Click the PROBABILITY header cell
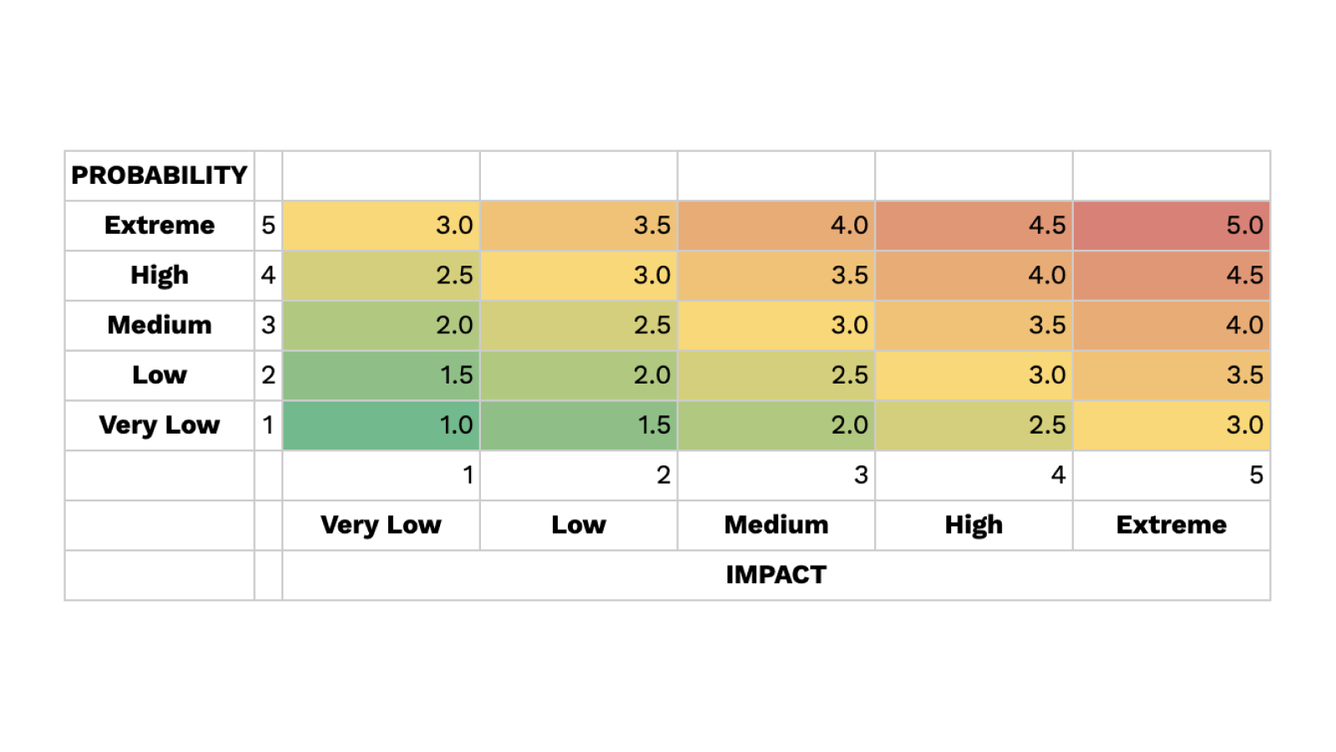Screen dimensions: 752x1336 [159, 175]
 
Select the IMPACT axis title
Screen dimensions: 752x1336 [776, 575]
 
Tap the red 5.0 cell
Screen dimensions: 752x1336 [1172, 226]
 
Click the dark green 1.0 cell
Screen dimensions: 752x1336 [381, 425]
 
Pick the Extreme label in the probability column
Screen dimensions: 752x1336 [159, 226]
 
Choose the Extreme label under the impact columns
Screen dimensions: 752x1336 [1172, 525]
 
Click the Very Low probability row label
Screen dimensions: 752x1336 [159, 425]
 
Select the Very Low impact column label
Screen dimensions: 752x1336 [381, 525]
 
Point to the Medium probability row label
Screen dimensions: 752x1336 [159, 325]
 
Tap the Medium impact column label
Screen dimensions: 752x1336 [776, 525]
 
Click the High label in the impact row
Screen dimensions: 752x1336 [974, 525]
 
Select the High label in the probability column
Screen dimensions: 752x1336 [159, 276]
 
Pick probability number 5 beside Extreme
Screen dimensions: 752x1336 [268, 226]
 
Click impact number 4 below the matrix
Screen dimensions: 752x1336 [1058, 475]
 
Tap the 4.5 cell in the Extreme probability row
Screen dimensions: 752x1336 [974, 226]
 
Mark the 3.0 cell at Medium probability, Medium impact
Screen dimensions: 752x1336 [776, 325]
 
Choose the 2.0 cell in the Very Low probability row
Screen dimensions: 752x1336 [776, 425]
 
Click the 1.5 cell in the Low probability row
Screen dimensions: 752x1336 [381, 375]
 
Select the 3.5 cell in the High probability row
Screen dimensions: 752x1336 [776, 276]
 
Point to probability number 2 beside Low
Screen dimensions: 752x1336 [268, 375]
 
